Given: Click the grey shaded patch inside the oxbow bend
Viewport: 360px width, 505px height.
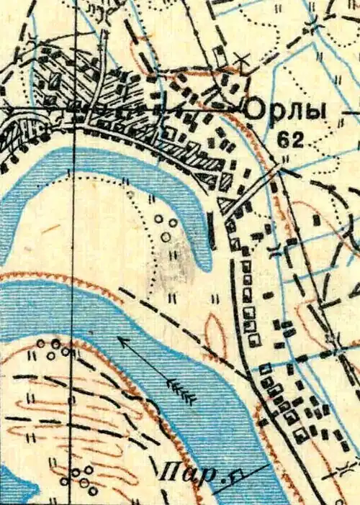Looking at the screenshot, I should (x=177, y=263).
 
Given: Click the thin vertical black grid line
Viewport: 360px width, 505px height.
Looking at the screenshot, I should (x=73, y=288).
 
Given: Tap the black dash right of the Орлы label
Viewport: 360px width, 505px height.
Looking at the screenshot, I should (x=351, y=114).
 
